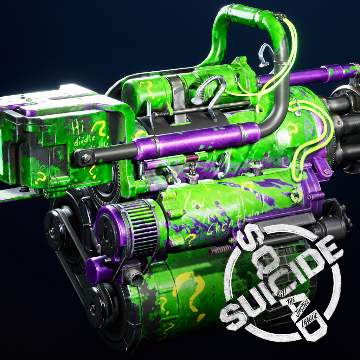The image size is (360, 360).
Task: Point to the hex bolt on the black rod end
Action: coord(86,159)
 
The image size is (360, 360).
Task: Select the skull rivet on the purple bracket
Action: coord(327,172)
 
